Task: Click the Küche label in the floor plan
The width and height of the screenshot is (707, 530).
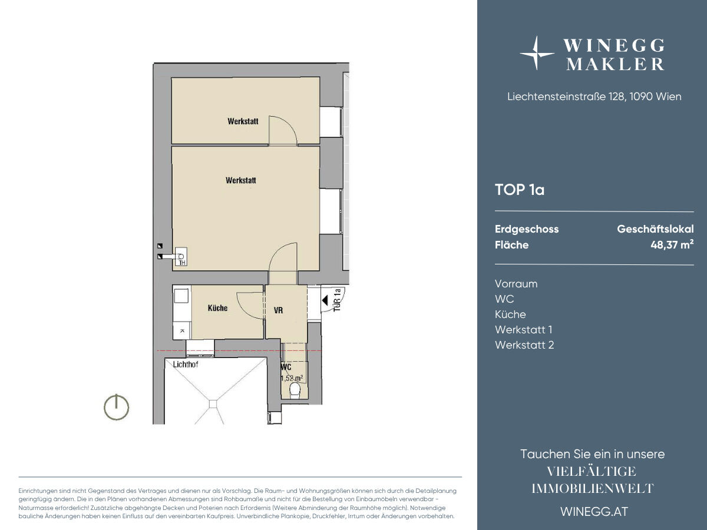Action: pos(218,308)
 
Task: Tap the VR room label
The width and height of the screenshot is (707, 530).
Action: pos(278,310)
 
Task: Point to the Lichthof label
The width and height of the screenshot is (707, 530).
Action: pos(186,365)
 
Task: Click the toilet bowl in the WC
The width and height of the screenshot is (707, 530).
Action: pos(295,390)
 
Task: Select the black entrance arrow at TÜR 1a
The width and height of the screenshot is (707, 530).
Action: pos(325,300)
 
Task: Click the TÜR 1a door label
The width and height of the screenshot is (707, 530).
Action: pos(337,300)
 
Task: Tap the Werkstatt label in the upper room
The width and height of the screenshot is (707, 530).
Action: pos(243,121)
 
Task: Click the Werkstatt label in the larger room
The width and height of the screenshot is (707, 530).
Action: pos(241,180)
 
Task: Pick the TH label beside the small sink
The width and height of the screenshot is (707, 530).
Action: pos(182,263)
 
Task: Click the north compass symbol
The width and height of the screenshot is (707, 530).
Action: pos(116,407)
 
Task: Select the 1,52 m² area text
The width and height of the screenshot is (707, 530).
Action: pos(292,378)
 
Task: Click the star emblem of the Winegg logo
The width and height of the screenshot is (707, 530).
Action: pos(537,53)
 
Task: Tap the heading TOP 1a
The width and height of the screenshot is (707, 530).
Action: pos(520,190)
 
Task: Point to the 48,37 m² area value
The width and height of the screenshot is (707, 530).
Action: pos(672,244)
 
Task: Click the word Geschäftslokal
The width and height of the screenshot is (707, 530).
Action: pos(656,229)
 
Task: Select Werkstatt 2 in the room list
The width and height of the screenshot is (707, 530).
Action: pos(524,345)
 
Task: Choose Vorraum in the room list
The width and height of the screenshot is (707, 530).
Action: pos(516,284)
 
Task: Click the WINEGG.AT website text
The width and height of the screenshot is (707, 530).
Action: pos(594,512)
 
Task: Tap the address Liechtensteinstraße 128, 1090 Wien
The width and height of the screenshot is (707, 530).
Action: pos(594,97)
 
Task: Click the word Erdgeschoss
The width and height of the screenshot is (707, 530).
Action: pos(527,229)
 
